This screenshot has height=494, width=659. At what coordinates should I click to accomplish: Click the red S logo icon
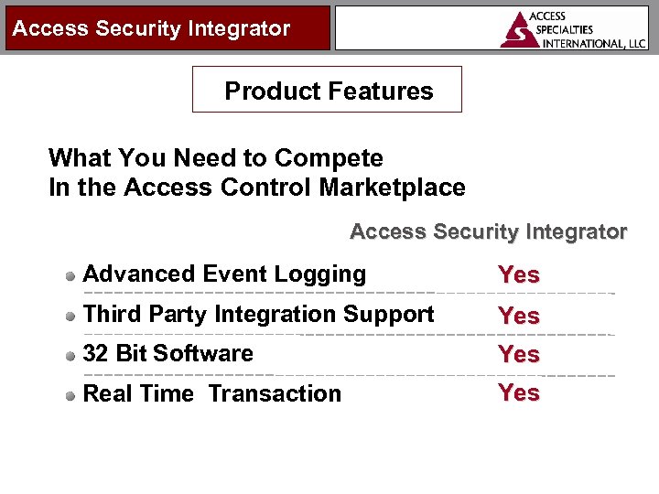520,29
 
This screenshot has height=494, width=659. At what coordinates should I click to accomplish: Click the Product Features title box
327,90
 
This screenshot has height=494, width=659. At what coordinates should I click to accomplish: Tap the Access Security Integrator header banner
152,28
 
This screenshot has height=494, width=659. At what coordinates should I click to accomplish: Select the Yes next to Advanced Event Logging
518,274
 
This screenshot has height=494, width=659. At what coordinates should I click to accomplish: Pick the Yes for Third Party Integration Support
518,316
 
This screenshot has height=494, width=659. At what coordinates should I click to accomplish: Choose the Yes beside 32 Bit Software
518,354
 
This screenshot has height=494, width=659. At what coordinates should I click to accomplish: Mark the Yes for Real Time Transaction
518,392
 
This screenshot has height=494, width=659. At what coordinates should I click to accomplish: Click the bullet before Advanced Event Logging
70,275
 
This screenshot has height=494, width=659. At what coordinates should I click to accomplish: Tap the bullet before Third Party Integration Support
70,316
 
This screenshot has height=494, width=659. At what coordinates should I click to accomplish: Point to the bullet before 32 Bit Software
70,355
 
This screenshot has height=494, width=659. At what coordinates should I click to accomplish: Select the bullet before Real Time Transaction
70,395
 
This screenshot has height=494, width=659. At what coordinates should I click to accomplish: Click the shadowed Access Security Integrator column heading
488,231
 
